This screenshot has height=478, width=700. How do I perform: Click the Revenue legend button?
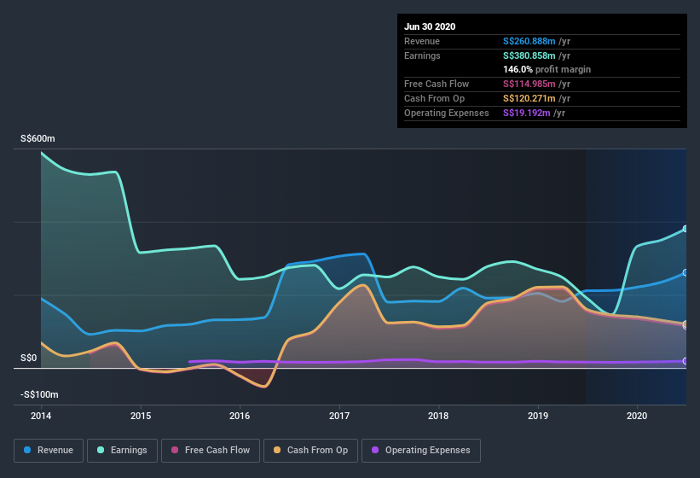point(49,450)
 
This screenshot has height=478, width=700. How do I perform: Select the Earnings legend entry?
point(122,450)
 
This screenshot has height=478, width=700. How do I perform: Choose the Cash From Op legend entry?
point(311,450)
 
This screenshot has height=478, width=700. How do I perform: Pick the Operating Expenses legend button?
point(420,450)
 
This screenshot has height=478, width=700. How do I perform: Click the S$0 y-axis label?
point(28,358)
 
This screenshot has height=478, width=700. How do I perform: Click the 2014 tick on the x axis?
point(41,416)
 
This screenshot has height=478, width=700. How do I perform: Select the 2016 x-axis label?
point(240,416)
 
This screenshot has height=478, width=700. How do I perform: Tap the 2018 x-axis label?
point(438,416)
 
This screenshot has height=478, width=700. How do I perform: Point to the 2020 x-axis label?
point(637,416)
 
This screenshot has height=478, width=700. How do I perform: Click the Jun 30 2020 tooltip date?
point(430,26)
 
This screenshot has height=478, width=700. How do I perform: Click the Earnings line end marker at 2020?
point(686,230)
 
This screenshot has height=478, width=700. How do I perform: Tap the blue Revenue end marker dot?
point(686,273)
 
